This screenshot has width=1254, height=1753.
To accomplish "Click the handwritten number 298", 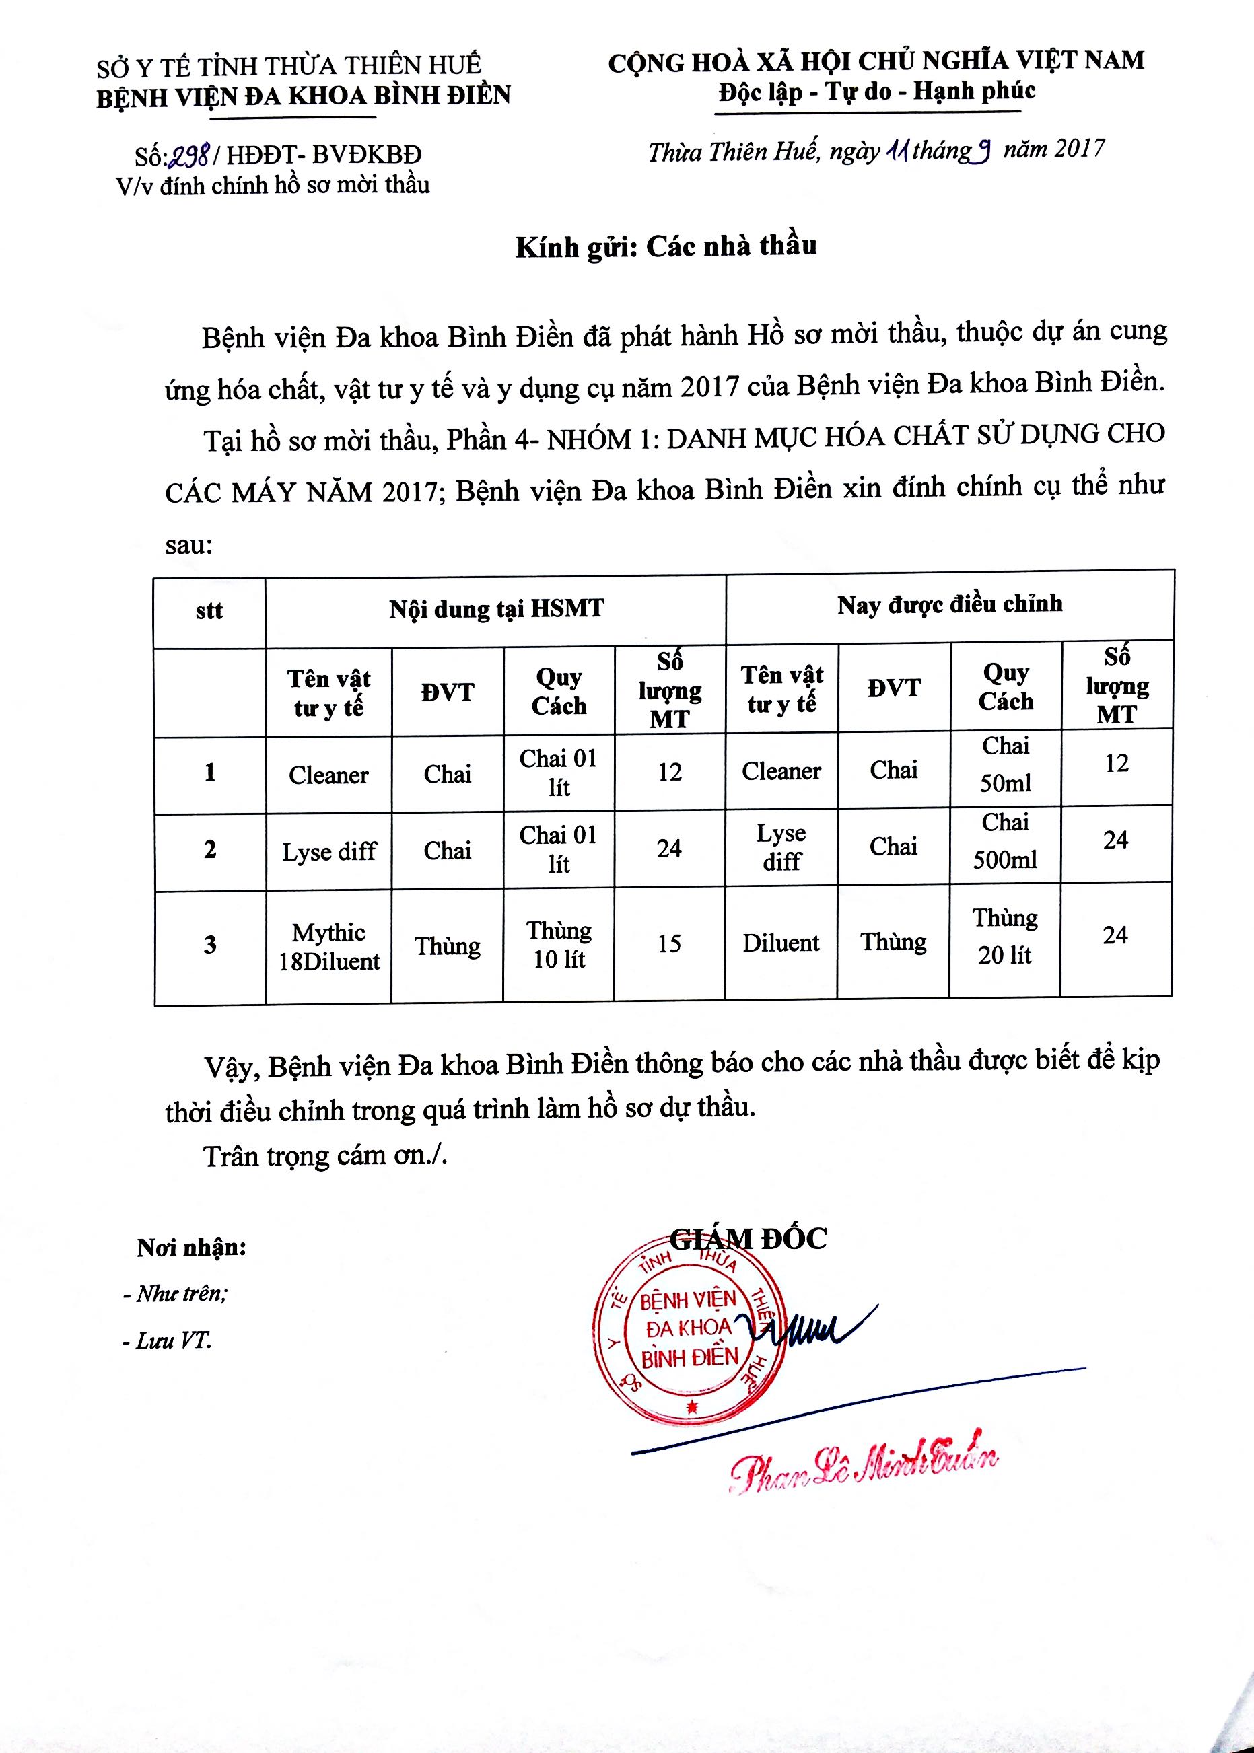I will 190,157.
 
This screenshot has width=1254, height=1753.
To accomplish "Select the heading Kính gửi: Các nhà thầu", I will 666,247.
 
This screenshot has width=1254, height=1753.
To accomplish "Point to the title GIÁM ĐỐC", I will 747,1239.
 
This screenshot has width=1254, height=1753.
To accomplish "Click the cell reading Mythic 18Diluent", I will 329,946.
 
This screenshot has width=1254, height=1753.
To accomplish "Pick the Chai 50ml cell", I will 1006,764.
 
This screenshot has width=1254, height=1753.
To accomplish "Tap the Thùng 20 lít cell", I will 1004,936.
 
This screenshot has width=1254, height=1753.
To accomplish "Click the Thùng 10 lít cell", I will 559,945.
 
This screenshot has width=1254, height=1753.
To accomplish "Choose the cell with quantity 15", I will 668,943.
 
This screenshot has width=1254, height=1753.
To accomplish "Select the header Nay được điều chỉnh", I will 949,604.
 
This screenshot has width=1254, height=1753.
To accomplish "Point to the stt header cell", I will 209,610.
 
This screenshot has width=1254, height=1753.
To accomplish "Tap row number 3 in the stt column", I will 210,945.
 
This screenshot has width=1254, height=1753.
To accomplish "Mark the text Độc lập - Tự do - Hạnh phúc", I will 876,92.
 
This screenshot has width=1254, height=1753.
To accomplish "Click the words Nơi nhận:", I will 191,1248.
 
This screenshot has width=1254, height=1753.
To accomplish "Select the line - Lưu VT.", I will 167,1340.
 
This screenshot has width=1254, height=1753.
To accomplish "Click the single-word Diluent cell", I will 781,943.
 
